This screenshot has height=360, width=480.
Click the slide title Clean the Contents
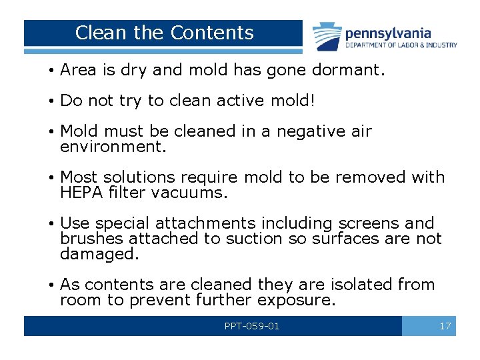(165, 33)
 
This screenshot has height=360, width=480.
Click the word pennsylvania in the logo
(387, 33)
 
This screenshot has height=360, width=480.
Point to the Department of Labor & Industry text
(401, 45)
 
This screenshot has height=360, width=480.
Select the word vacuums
(198, 193)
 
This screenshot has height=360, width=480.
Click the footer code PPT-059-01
(252, 326)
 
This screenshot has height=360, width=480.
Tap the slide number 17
(445, 326)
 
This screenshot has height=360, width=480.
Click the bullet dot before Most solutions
(52, 178)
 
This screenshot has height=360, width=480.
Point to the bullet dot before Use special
(52, 224)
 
